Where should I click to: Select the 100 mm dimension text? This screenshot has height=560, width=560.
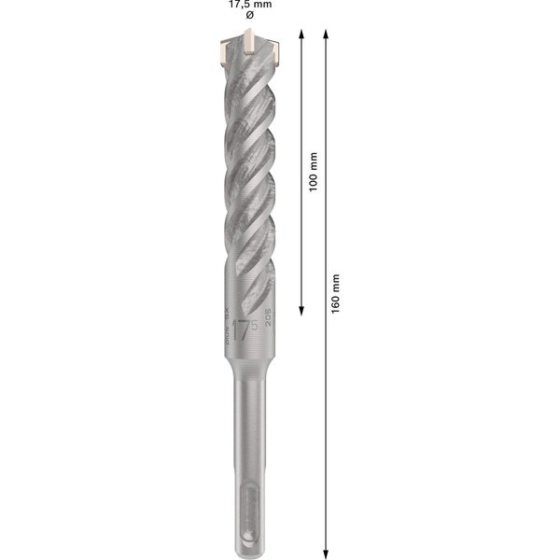pos(314,173)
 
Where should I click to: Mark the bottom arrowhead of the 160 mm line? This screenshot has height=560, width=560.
pos(325,551)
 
